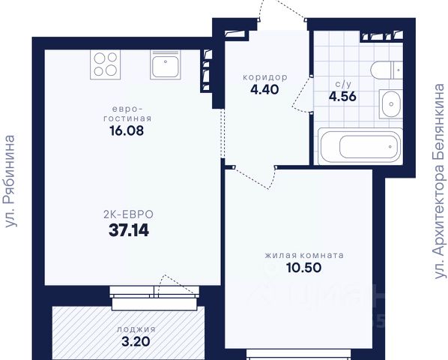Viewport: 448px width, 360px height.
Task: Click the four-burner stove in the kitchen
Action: (105, 64)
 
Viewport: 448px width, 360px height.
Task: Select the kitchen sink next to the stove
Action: (166, 65)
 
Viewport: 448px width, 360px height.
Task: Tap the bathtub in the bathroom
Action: (360, 146)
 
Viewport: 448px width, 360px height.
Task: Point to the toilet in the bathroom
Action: (387, 70)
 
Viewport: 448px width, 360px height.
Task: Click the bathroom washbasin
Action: (390, 104)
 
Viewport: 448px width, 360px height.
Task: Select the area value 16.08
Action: (127, 131)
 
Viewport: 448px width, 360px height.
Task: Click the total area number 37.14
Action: (129, 230)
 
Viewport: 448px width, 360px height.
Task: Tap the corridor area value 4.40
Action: (264, 90)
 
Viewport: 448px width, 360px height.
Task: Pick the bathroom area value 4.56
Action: (342, 96)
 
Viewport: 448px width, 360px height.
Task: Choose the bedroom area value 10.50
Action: (304, 268)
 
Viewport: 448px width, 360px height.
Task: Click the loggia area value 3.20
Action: (136, 341)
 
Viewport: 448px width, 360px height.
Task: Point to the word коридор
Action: (265, 77)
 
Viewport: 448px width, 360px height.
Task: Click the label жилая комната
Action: (304, 255)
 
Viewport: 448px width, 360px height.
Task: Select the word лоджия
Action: (136, 329)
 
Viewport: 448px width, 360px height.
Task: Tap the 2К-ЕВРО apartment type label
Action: (128, 214)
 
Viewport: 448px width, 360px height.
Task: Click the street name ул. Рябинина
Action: (10, 181)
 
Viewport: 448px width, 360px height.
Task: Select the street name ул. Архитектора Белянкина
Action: (439, 181)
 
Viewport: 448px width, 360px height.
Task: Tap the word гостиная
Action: (127, 118)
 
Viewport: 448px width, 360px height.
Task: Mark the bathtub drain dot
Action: (390, 147)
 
